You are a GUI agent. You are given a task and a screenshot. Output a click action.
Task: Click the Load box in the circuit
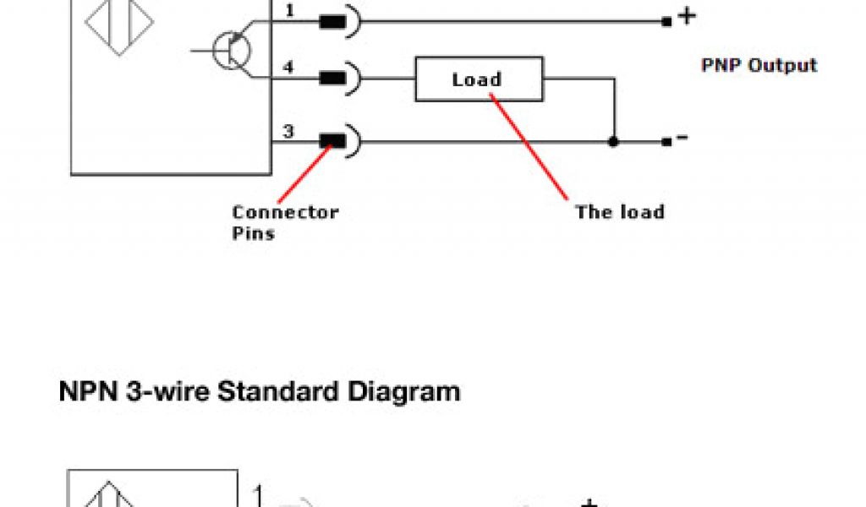pos(478,80)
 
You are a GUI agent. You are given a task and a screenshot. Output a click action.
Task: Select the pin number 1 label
pos(288,11)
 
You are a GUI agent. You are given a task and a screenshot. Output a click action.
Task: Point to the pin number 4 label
pos(288,68)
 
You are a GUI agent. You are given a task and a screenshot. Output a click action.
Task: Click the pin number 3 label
pos(288,131)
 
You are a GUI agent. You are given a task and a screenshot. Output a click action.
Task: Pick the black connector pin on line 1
pos(333,23)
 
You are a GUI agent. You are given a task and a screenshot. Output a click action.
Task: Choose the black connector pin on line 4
pos(333,79)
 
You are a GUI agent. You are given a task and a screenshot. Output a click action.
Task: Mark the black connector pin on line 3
pos(333,142)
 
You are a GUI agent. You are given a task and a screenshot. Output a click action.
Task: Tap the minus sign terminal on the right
pos(681,139)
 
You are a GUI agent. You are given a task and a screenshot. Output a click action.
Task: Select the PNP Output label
pos(759,65)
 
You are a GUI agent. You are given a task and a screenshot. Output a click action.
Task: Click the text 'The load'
pos(619,211)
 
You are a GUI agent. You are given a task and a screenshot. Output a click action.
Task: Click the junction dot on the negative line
pos(614,142)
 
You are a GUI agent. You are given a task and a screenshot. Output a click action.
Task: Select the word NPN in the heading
pos(88,392)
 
